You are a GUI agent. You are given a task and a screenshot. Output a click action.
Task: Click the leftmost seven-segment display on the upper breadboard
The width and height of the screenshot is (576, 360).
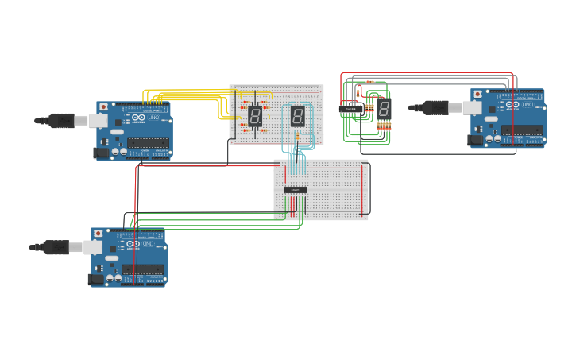(255, 116)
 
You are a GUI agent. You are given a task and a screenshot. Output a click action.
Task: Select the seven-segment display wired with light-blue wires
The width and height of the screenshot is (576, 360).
(297, 116)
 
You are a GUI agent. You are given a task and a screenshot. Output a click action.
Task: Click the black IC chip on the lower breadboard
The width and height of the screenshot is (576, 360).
(296, 189)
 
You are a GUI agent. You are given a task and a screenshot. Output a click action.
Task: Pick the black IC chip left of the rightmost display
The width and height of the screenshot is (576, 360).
(351, 109)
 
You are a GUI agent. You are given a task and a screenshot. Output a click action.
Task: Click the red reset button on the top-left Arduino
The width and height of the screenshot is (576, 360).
(102, 106)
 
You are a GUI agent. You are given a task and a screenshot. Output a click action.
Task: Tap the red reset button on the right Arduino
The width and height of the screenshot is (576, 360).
(477, 94)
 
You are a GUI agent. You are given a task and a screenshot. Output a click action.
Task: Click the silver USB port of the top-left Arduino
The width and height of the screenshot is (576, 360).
(99, 120)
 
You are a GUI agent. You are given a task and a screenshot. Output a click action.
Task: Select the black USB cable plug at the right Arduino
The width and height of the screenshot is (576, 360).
(435, 107)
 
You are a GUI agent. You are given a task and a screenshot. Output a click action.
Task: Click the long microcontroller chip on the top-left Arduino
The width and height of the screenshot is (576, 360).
(148, 143)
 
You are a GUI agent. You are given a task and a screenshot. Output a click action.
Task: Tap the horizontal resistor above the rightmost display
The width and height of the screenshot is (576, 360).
(369, 82)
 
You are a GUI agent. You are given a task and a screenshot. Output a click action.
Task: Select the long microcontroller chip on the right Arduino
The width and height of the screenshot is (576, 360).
(523, 130)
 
